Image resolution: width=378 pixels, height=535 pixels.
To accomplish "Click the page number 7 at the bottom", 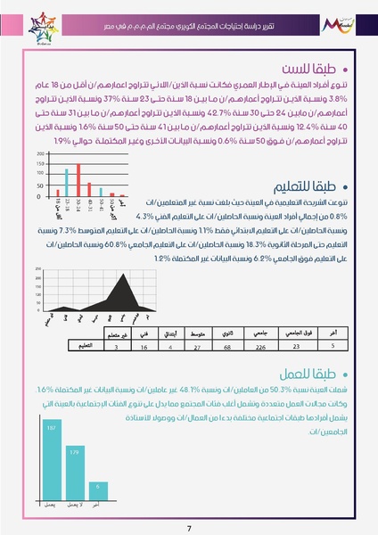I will [189, 528].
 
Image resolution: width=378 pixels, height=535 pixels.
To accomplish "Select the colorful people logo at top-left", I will [28, 17].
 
